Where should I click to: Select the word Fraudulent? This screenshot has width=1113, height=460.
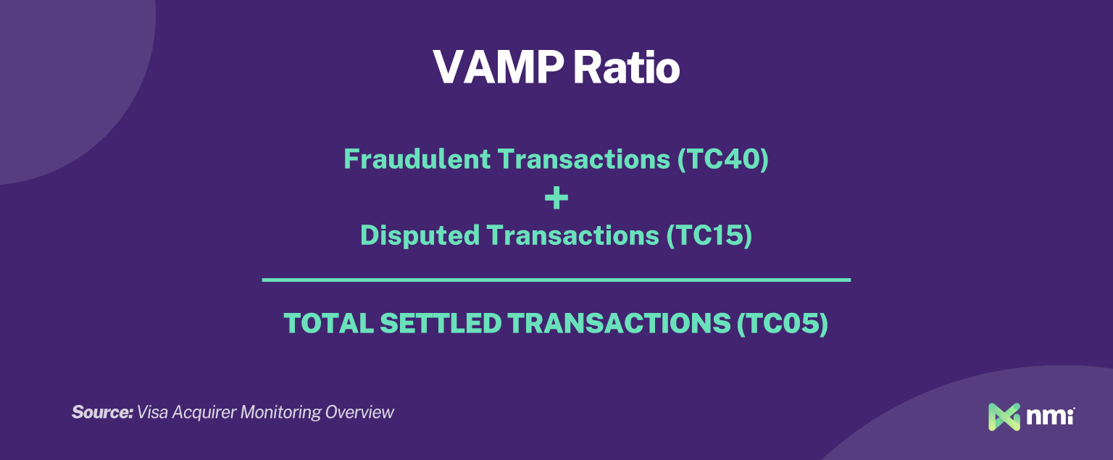(417, 159)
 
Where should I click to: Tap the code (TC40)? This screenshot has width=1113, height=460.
(722, 159)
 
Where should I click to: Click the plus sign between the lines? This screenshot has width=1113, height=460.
(556, 198)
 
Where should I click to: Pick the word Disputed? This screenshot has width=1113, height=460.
(420, 236)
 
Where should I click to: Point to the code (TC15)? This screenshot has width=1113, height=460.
(708, 236)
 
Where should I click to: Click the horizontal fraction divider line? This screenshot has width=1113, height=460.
(556, 280)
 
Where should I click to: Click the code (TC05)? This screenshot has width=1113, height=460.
(782, 324)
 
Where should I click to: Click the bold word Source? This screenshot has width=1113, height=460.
(102, 412)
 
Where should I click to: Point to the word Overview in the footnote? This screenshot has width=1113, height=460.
(359, 412)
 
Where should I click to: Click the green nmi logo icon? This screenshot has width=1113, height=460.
(1004, 417)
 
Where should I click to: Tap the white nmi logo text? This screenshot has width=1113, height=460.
(1050, 417)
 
